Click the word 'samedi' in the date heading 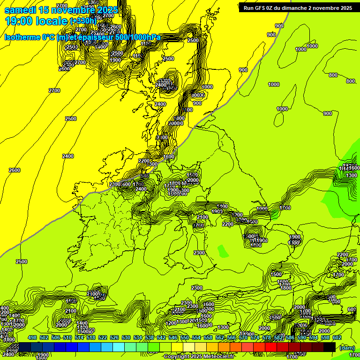20,10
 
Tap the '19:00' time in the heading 19,21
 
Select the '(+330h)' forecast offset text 83,21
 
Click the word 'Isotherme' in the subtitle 22,37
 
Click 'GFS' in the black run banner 263,8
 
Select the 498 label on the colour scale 32,338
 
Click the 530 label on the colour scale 126,338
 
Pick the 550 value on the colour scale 185,338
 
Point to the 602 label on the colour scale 337,338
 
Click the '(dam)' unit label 347,347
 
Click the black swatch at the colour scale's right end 330,347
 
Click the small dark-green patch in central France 223,252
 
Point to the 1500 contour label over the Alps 276,274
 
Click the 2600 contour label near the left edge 15,170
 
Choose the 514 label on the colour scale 79,338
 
